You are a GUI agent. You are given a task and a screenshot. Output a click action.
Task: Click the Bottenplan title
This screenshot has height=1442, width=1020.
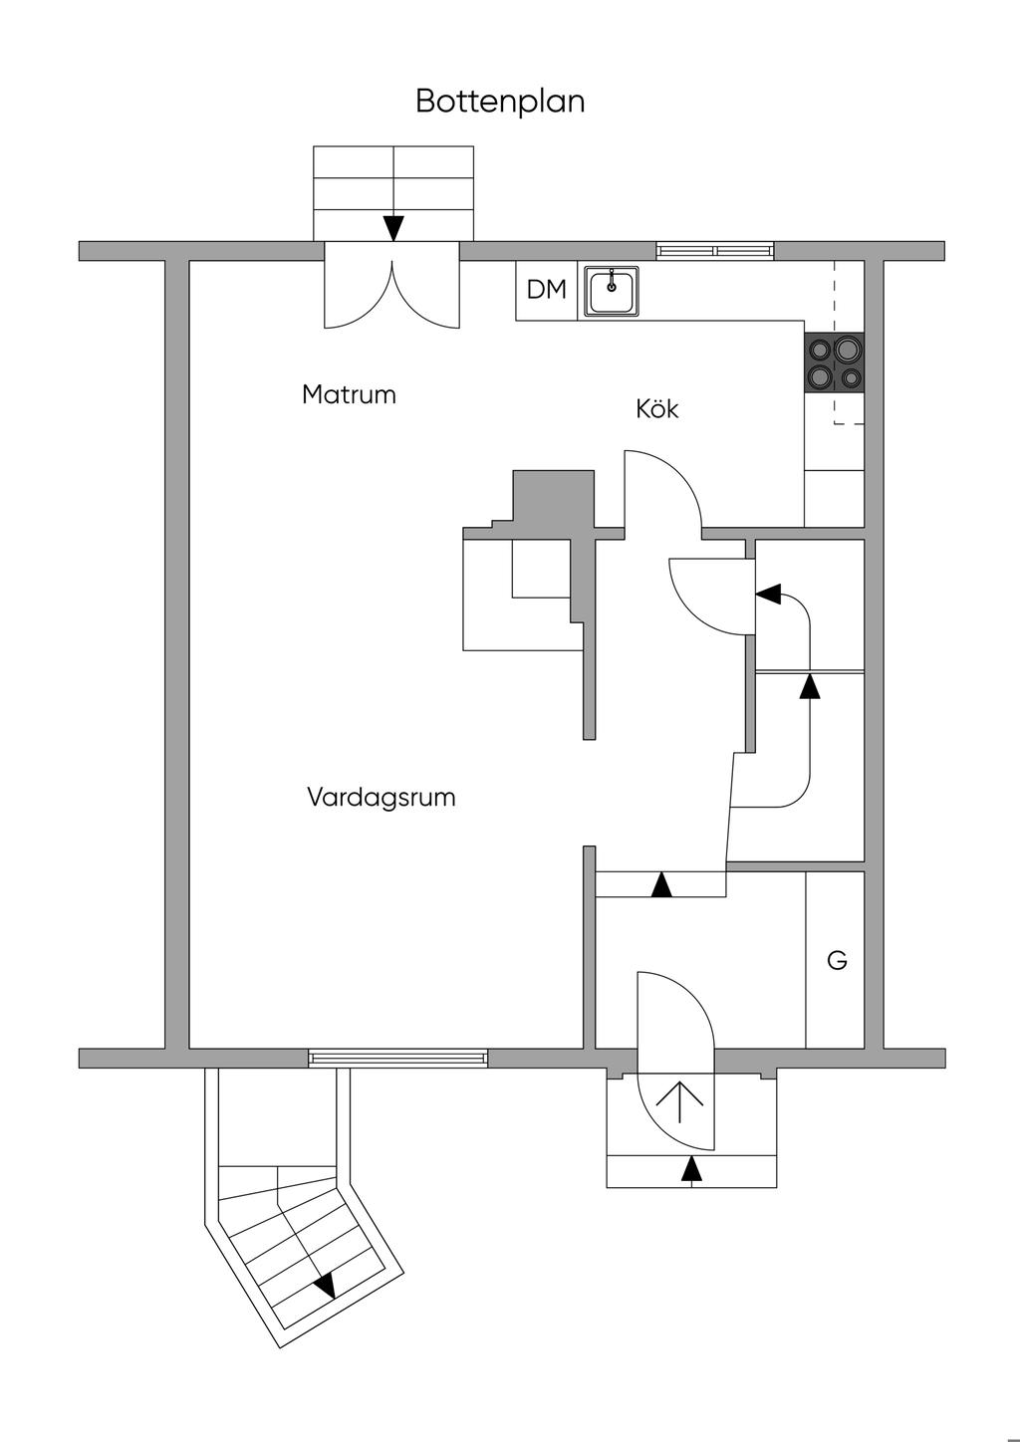(500, 102)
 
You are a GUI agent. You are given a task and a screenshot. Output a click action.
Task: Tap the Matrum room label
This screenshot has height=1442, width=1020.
(349, 394)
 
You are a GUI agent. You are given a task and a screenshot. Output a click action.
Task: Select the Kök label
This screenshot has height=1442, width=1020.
(656, 408)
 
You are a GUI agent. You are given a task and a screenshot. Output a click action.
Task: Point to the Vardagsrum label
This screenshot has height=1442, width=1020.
(382, 797)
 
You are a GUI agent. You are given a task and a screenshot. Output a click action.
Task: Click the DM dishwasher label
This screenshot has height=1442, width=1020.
(546, 290)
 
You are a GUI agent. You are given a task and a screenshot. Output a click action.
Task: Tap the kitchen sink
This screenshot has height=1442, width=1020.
(612, 292)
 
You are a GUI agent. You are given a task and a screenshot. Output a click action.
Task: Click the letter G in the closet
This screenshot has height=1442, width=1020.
(837, 960)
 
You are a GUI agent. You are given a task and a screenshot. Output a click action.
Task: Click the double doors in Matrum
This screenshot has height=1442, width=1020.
(392, 287)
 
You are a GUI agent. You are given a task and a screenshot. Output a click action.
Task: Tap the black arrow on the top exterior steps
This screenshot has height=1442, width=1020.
(393, 228)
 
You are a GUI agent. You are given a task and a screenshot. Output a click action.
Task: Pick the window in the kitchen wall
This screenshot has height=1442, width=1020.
(715, 250)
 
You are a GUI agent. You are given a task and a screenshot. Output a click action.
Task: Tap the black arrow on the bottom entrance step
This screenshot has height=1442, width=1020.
(691, 1169)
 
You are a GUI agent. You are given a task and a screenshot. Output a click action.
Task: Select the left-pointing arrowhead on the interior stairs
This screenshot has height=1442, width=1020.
(768, 594)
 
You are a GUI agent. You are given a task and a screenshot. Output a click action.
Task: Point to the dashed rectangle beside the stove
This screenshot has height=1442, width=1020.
(850, 343)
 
